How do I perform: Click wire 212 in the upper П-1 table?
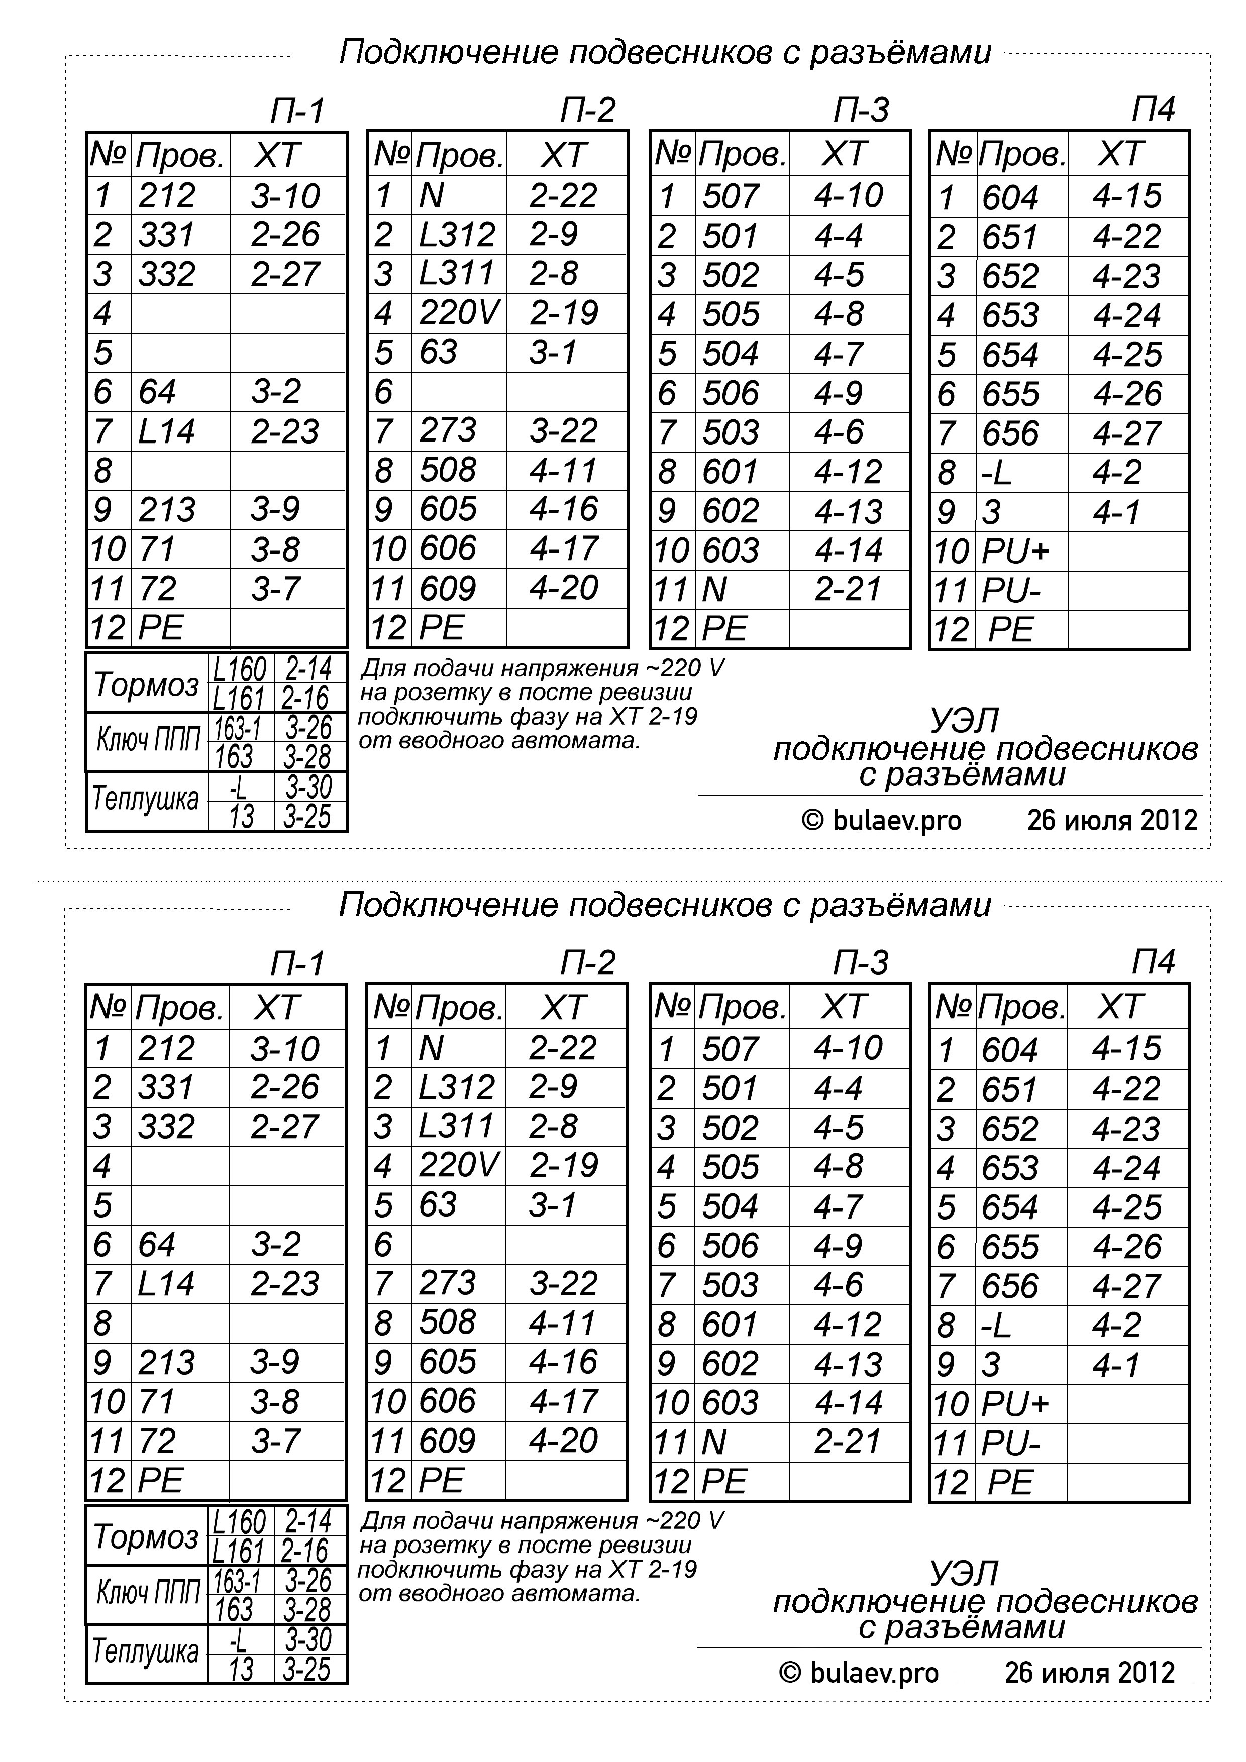(167, 196)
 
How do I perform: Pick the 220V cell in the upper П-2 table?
(458, 313)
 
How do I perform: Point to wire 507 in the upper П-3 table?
(730, 196)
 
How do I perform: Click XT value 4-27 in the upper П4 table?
(1126, 433)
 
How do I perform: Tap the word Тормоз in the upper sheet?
(146, 684)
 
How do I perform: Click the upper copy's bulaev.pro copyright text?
(881, 820)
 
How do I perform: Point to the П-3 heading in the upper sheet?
(861, 111)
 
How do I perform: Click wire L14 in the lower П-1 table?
(166, 1284)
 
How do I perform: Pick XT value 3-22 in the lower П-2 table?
(563, 1283)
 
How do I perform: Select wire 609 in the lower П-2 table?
(448, 1441)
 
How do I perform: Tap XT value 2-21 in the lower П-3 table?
(847, 1441)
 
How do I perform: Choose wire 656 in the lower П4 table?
(1009, 1285)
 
